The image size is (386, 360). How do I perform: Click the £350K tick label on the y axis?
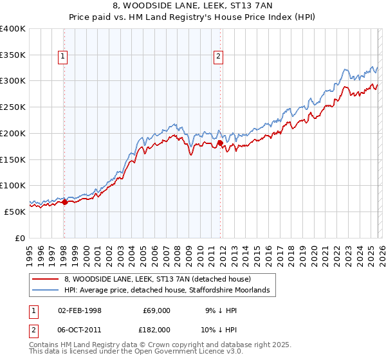(x=13, y=55)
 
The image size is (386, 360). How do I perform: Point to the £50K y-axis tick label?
(x=15, y=212)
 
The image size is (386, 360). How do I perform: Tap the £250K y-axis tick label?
(x=13, y=107)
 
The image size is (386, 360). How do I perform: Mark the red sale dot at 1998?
(x=64, y=202)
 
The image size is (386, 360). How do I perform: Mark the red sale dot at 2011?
(x=220, y=143)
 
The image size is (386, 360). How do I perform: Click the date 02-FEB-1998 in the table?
(x=80, y=310)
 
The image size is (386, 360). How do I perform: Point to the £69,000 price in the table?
(x=156, y=310)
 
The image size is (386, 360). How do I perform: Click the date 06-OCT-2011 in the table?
(x=80, y=328)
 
